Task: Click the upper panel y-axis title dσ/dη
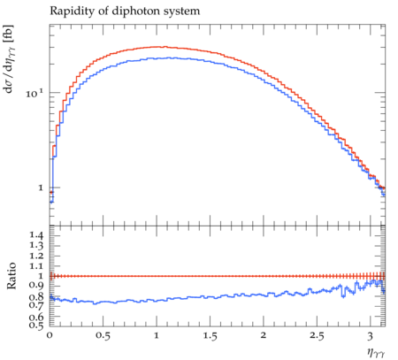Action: (x=9, y=59)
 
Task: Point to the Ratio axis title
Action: (x=11, y=275)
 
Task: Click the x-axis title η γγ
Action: (x=376, y=352)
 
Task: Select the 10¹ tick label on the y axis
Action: (x=34, y=94)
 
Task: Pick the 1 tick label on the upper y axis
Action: (x=41, y=188)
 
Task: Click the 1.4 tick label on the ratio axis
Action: (x=36, y=235)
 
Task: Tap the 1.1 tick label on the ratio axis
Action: (x=36, y=266)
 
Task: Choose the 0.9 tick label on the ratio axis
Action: (x=36, y=286)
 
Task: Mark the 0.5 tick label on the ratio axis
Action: (x=36, y=325)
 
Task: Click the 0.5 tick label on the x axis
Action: (x=103, y=336)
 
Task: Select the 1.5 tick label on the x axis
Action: (x=210, y=336)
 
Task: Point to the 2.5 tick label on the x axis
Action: (x=317, y=336)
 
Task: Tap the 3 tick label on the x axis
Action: (x=371, y=336)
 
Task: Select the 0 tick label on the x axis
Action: (x=50, y=335)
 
